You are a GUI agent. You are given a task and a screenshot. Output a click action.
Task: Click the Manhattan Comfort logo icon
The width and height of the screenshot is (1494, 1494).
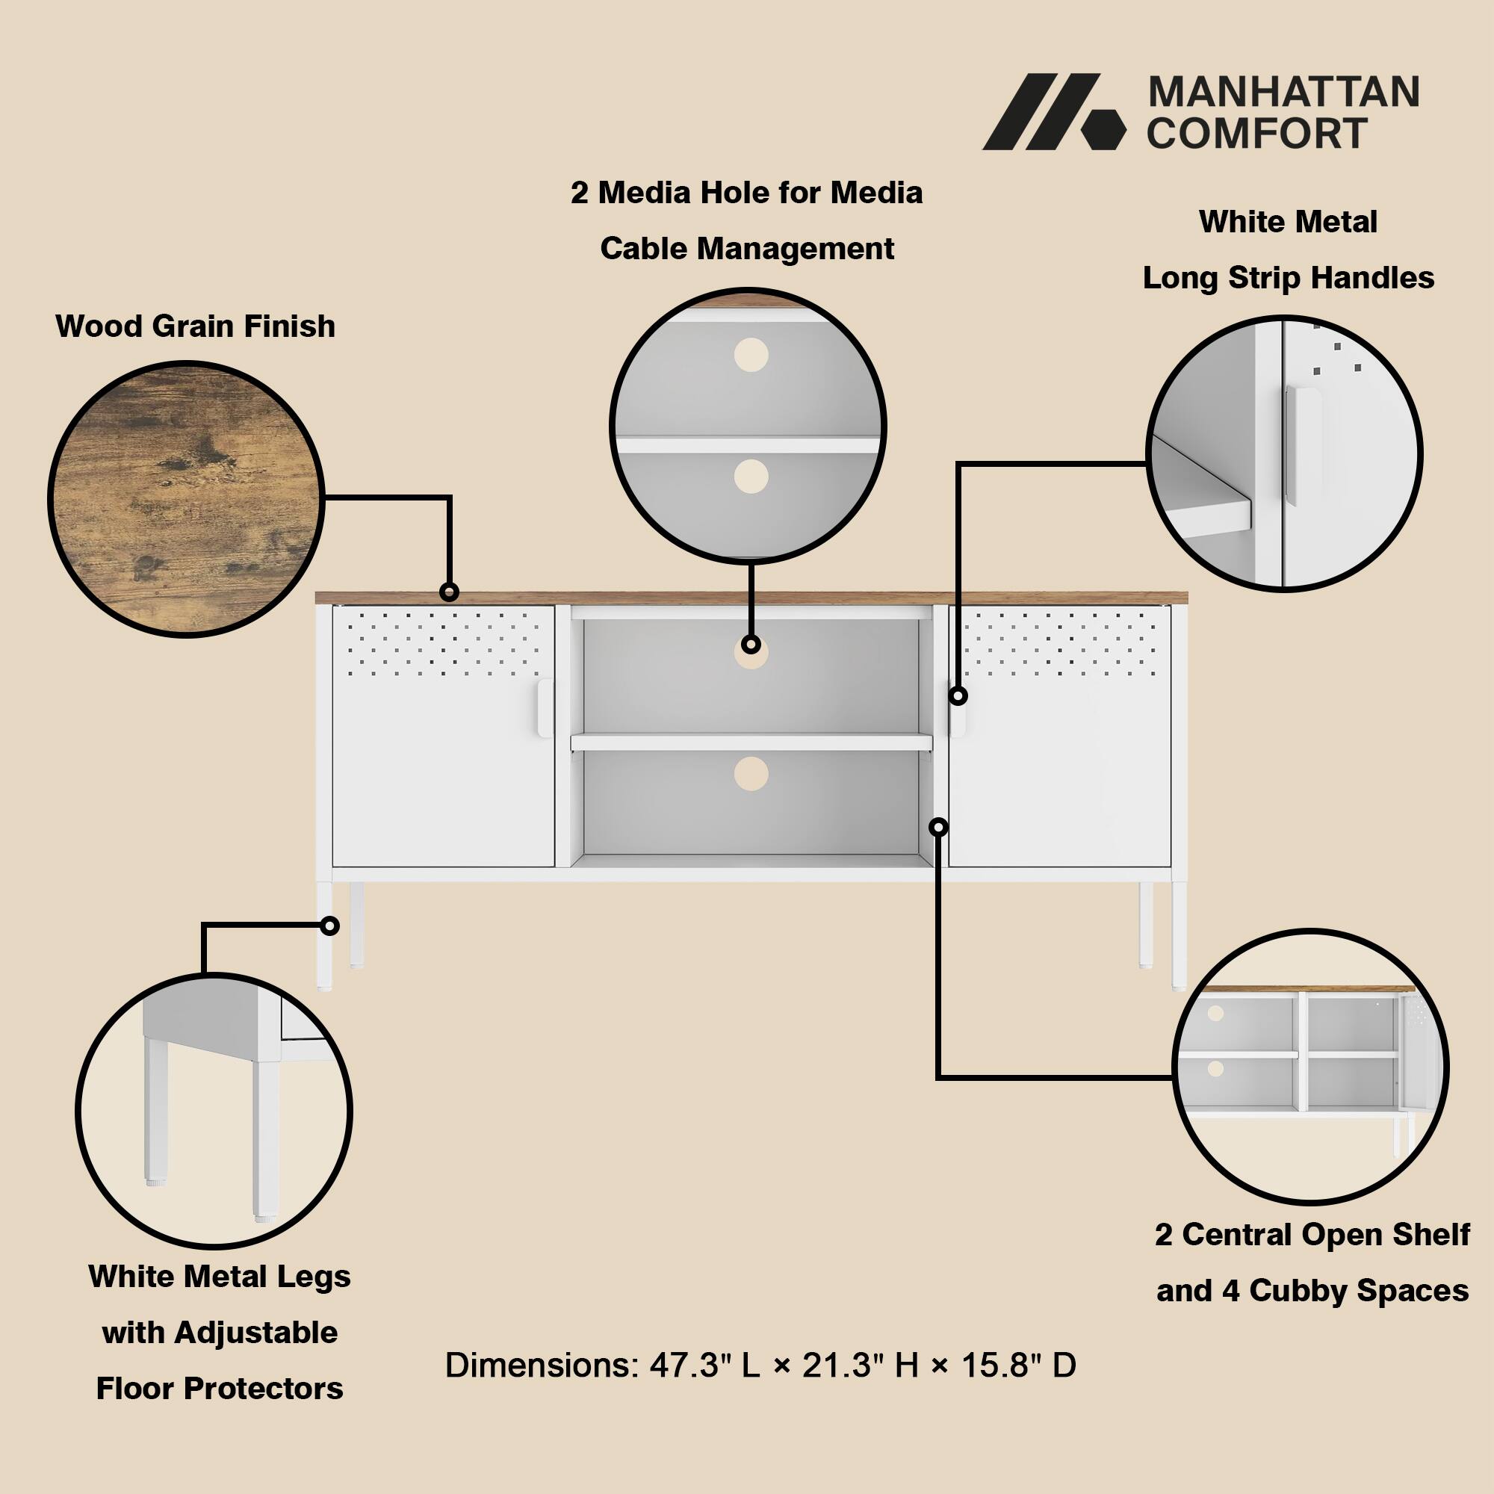pyautogui.click(x=1053, y=112)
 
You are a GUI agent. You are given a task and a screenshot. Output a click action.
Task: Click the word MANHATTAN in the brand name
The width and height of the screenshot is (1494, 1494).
pyautogui.click(x=1283, y=93)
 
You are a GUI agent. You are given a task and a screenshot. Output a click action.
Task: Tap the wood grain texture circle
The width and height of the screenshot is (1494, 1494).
pyautogui.click(x=185, y=499)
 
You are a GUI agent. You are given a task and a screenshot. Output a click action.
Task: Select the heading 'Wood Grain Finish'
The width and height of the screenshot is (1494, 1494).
pyautogui.click(x=196, y=326)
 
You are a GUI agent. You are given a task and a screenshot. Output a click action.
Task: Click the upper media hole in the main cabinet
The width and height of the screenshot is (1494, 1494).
pyautogui.click(x=751, y=654)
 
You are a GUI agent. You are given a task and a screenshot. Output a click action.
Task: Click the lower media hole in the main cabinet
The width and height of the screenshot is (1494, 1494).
pyautogui.click(x=751, y=773)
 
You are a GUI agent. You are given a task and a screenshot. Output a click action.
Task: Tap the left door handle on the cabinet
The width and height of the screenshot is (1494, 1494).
pyautogui.click(x=545, y=707)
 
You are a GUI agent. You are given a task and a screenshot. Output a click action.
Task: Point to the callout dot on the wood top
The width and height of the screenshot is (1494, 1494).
pyautogui.click(x=448, y=592)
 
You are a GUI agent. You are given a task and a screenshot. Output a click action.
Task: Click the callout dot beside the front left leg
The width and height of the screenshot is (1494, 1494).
pyautogui.click(x=330, y=926)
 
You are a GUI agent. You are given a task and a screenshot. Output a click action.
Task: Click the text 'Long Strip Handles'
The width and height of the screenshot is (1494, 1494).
pyautogui.click(x=1289, y=278)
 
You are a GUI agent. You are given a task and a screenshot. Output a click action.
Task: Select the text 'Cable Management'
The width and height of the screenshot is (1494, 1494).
pyautogui.click(x=747, y=249)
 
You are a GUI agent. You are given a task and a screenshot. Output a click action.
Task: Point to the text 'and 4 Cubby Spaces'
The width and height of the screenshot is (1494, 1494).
pyautogui.click(x=1312, y=1291)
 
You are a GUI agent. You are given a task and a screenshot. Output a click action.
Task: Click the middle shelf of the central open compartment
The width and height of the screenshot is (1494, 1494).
pyautogui.click(x=751, y=743)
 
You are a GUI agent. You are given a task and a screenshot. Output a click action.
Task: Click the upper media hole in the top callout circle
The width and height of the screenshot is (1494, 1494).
pyautogui.click(x=751, y=355)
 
